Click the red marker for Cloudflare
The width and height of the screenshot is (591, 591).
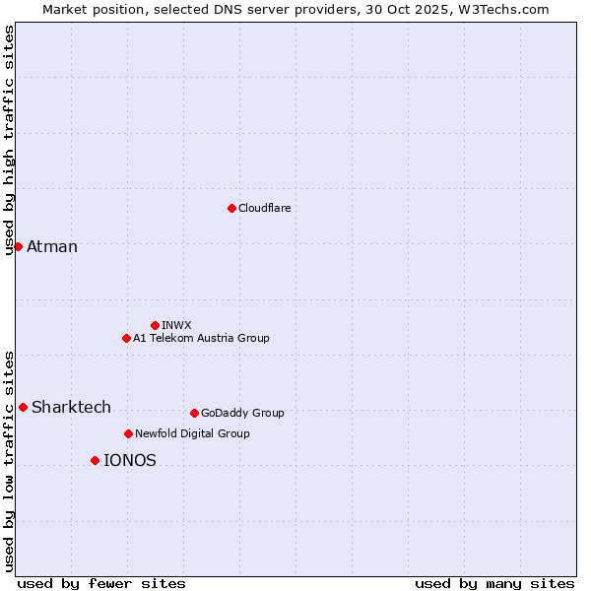click(231, 208)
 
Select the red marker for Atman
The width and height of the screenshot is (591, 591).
click(18, 246)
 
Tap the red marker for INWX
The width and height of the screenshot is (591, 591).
click(155, 325)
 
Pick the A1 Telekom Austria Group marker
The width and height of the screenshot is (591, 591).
click(126, 338)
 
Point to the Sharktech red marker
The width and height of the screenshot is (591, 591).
click(23, 407)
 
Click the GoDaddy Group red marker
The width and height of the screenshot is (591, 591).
click(194, 413)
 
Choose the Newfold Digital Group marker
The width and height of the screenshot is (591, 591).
click(128, 433)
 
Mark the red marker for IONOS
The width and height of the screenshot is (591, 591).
click(95, 460)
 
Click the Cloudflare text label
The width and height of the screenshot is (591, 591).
click(265, 208)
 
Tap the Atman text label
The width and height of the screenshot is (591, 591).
click(52, 246)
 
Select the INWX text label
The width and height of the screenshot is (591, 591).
click(176, 325)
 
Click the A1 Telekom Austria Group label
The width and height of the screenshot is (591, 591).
click(201, 338)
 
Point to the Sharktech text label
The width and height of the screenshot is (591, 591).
click(71, 407)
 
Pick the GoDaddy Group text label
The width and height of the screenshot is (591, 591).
click(242, 413)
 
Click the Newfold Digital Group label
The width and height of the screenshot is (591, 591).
click(192, 433)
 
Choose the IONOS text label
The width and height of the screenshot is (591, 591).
click(130, 460)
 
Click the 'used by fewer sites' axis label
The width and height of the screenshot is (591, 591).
click(101, 583)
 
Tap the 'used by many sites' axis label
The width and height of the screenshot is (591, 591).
click(494, 583)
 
